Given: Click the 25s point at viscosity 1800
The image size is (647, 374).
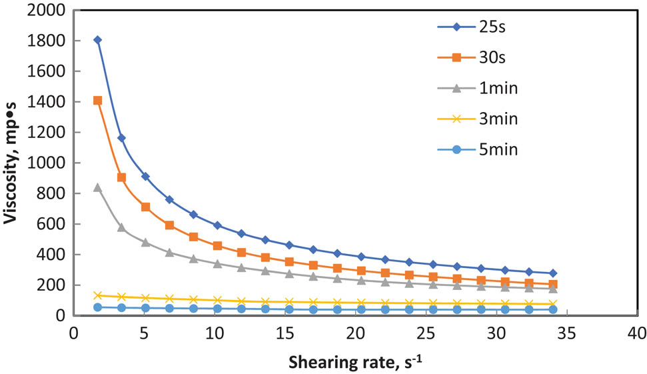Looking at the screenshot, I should click(x=98, y=40).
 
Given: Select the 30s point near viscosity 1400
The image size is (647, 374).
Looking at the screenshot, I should click(x=98, y=101).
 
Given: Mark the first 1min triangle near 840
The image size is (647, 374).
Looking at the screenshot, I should click(x=98, y=187).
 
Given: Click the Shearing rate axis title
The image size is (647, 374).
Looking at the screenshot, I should click(x=354, y=362).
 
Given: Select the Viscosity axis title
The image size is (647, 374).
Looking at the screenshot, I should click(x=13, y=163).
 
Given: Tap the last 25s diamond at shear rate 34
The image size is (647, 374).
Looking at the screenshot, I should click(x=553, y=273).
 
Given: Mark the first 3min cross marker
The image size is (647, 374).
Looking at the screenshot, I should click(x=98, y=295).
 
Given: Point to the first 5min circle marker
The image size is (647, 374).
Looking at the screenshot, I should click(x=98, y=307).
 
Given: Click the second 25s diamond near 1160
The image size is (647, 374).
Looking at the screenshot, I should click(x=121, y=138).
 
